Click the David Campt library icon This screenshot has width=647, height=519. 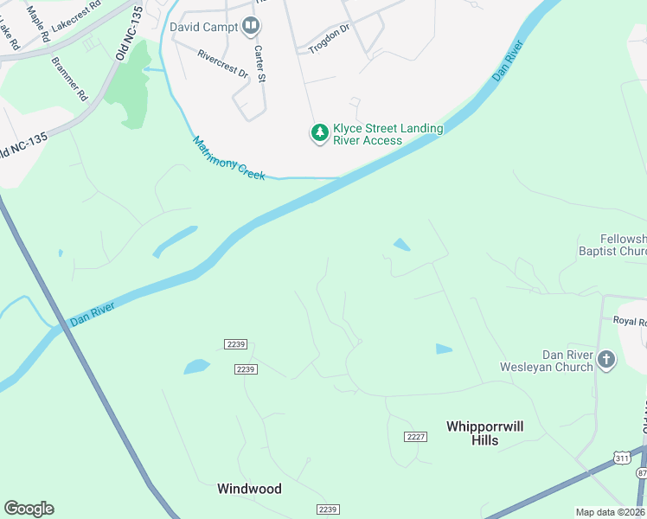(x=251, y=27)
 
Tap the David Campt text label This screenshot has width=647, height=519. (x=203, y=28)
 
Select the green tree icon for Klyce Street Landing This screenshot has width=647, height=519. (x=320, y=133)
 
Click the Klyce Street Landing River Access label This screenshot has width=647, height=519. (x=388, y=134)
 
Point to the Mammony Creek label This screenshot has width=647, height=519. (x=228, y=159)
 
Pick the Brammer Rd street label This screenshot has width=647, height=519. (x=70, y=77)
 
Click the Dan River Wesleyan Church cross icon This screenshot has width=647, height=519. (x=606, y=360)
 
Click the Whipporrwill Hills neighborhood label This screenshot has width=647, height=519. (x=484, y=433)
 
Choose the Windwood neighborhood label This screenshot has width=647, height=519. (x=249, y=489)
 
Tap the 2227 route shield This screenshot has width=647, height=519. (x=415, y=436)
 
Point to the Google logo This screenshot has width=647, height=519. (x=29, y=509)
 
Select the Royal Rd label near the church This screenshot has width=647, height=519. (x=630, y=321)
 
